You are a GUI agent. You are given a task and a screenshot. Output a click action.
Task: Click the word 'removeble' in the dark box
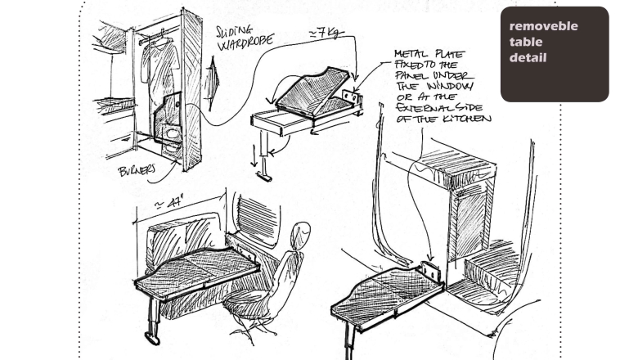543,26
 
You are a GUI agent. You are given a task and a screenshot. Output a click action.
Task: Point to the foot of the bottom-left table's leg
152,335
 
